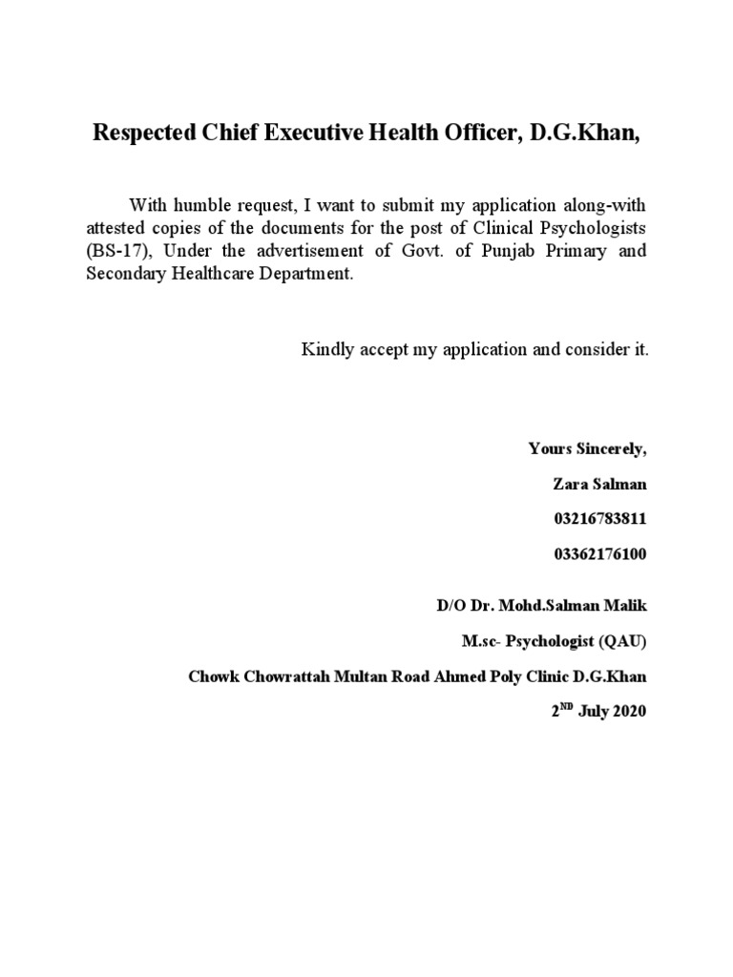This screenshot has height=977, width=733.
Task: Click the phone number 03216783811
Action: click(599, 519)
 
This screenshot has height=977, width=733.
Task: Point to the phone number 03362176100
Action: click(599, 553)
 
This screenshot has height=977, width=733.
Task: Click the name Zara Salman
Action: click(599, 484)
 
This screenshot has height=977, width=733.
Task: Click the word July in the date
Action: click(586, 712)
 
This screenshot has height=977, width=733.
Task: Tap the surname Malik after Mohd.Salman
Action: click(625, 607)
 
